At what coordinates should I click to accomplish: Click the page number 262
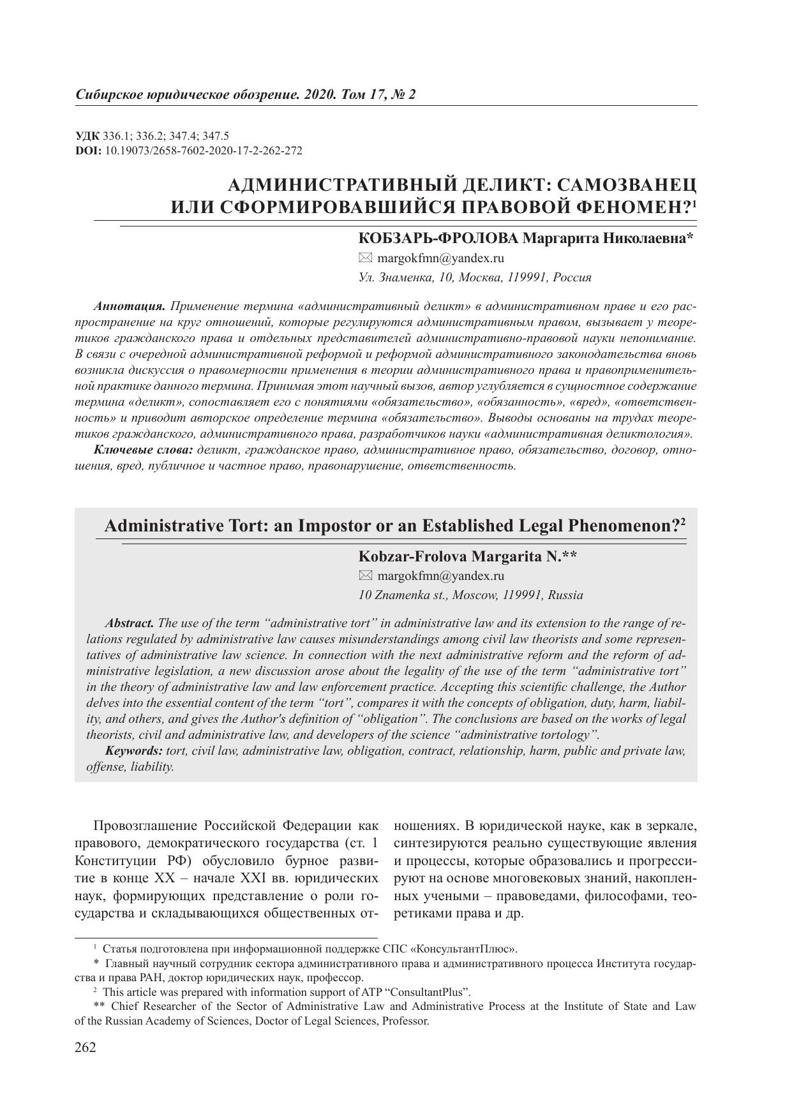86,1048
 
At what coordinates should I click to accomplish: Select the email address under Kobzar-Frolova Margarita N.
440,576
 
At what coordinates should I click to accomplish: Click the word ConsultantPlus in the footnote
432,992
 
